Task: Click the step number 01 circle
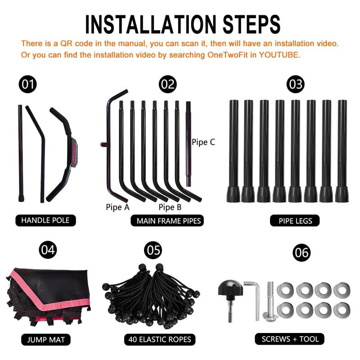(27, 84)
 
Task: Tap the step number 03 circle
(296, 84)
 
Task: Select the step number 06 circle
(301, 252)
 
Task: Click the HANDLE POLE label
(45, 220)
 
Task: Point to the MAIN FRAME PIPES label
(167, 220)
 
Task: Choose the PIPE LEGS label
(295, 220)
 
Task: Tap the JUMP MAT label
(46, 340)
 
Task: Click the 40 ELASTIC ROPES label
(160, 339)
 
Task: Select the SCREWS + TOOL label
(290, 339)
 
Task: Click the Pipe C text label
(203, 142)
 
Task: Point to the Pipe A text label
(117, 207)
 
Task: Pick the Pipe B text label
(170, 207)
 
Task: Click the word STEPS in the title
(252, 24)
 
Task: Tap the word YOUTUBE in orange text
(279, 55)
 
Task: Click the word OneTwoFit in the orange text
(227, 55)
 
